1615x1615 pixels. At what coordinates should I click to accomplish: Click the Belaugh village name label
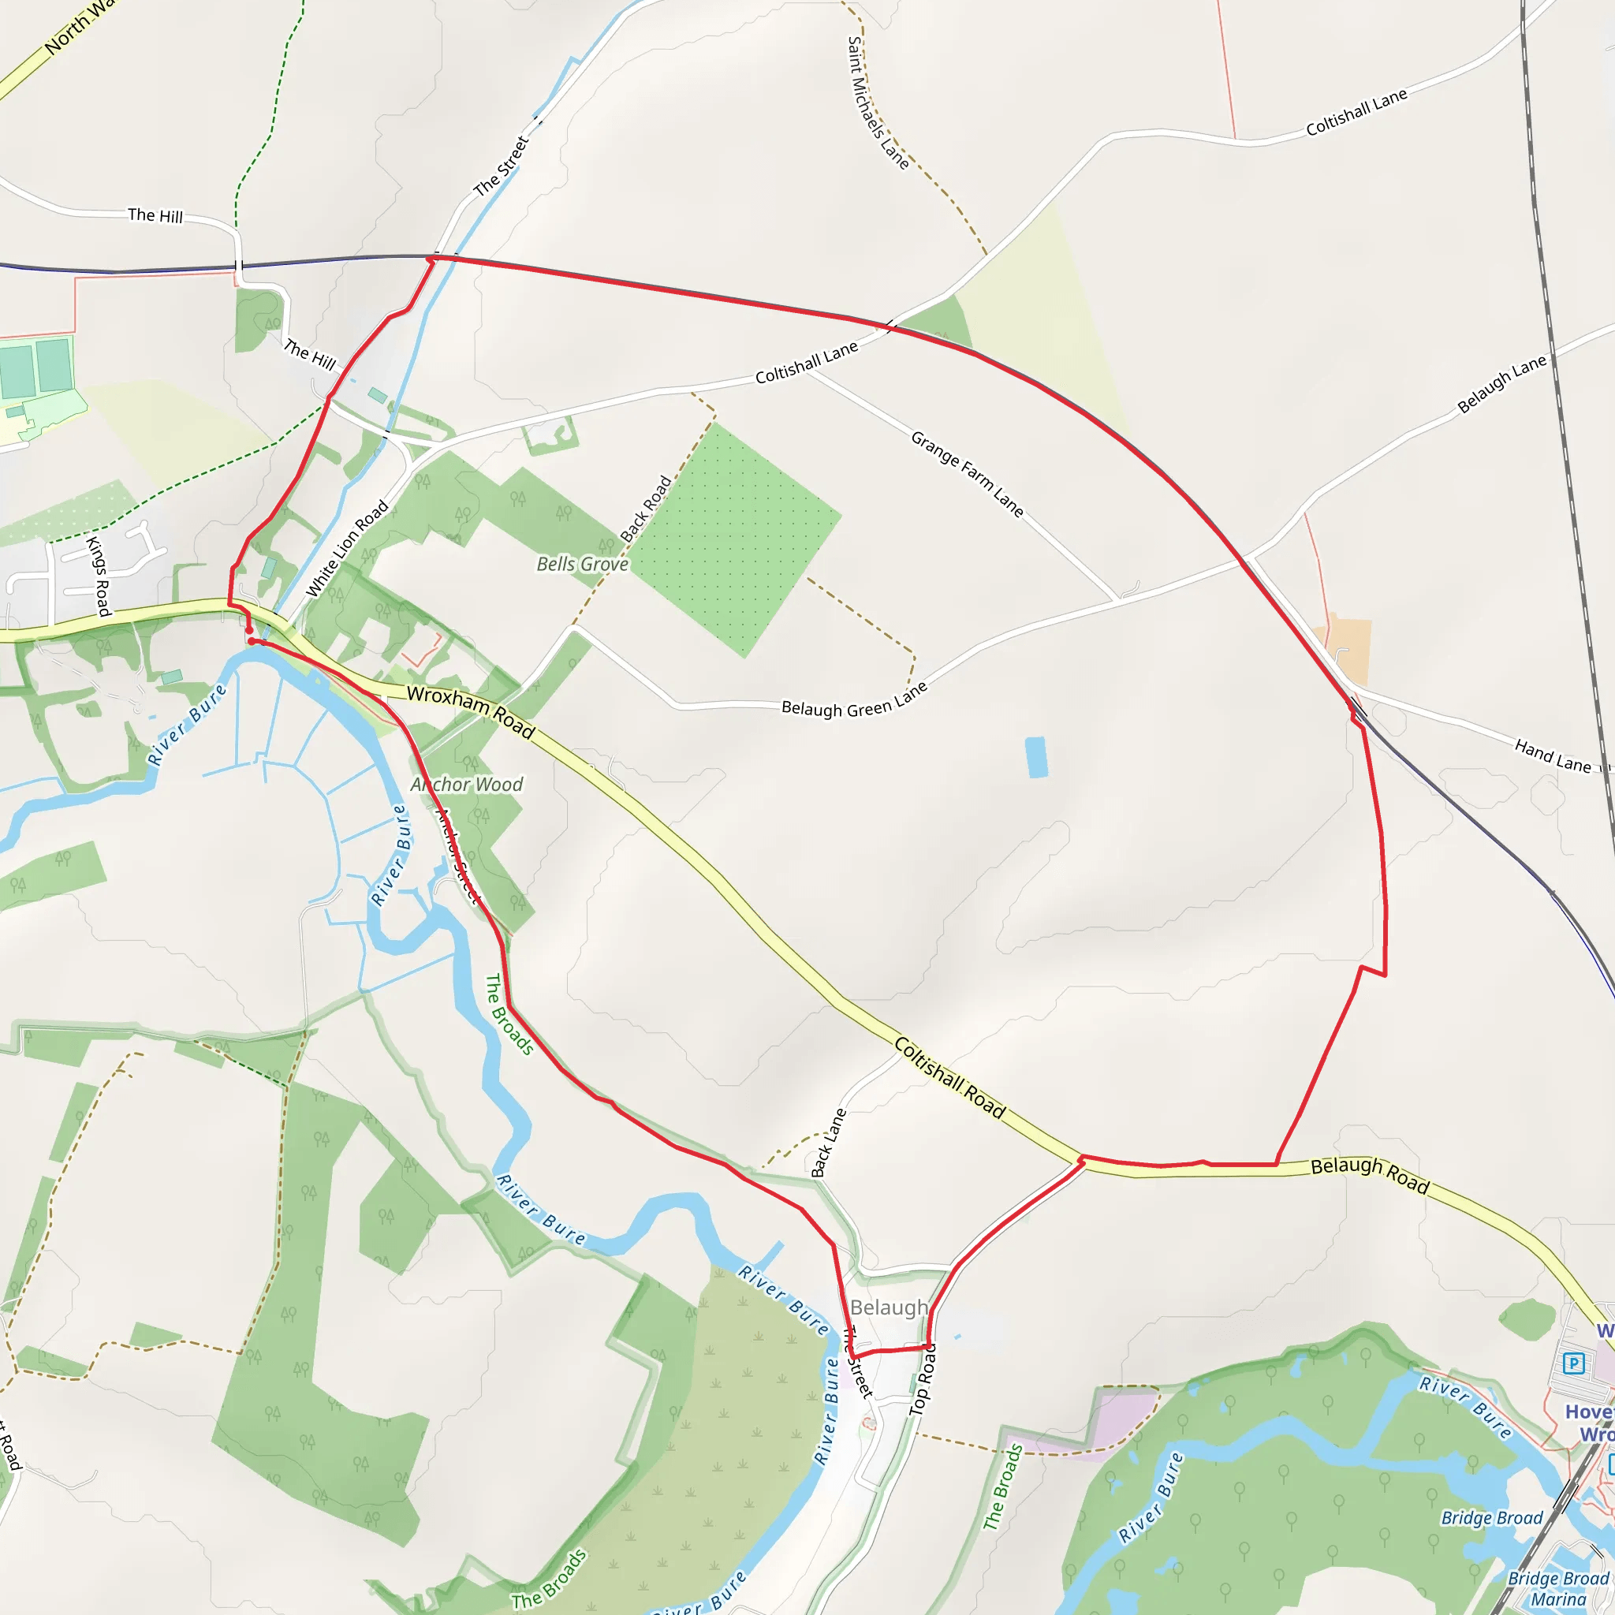(889, 1307)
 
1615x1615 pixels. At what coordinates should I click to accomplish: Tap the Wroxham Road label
(471, 711)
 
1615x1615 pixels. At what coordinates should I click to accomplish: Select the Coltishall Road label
(949, 1077)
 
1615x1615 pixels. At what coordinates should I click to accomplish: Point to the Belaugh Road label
(1369, 1175)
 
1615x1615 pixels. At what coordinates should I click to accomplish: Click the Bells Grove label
(582, 565)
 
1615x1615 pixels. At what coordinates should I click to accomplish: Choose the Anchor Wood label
(467, 784)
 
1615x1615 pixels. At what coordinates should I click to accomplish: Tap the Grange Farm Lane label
(966, 474)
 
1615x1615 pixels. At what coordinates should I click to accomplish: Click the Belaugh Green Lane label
(854, 701)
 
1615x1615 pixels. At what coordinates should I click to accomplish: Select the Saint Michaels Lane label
(877, 103)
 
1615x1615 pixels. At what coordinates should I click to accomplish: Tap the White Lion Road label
(347, 548)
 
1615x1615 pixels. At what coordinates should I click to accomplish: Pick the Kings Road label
(99, 576)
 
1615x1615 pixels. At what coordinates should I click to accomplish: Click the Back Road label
(645, 509)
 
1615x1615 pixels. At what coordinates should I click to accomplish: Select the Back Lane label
(829, 1143)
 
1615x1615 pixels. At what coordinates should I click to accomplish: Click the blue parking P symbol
(1574, 1363)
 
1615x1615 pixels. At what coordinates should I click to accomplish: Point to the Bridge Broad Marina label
(1557, 1588)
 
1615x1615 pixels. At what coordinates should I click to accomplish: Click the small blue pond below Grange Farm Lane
(1036, 756)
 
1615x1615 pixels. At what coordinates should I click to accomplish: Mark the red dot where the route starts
(252, 641)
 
